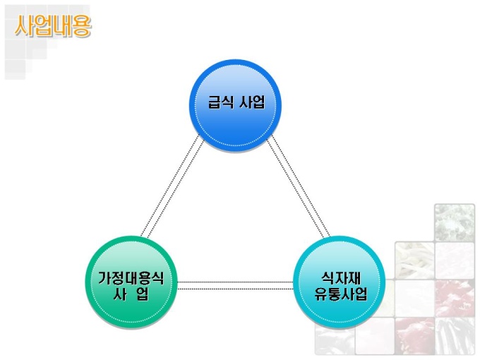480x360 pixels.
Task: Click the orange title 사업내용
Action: click(x=53, y=26)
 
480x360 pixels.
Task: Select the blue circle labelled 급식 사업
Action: click(x=235, y=106)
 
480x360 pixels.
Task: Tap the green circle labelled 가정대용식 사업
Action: click(x=131, y=282)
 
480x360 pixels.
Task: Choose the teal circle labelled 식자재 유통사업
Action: click(x=340, y=282)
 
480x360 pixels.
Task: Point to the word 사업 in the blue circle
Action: click(x=252, y=102)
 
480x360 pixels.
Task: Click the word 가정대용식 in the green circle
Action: click(x=131, y=277)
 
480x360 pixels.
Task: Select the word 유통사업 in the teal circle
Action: click(x=341, y=294)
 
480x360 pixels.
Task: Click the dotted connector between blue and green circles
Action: click(x=172, y=187)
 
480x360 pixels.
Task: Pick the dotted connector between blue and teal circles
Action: click(x=299, y=187)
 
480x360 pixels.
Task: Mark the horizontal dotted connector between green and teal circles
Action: click(x=235, y=285)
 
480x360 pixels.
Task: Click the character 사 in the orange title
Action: click(x=23, y=26)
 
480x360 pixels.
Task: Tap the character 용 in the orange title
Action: click(x=82, y=26)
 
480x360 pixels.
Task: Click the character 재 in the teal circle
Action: click(x=353, y=277)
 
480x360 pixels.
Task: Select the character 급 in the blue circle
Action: click(x=214, y=102)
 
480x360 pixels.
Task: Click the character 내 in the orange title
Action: click(x=62, y=26)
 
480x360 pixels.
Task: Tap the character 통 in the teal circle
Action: click(x=335, y=294)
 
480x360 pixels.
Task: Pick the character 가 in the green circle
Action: click(x=104, y=277)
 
